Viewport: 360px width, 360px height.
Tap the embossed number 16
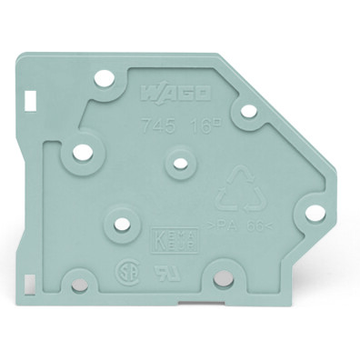pos(199,129)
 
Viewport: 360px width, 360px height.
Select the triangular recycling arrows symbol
pos(236,186)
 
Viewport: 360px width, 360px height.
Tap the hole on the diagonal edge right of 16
pos(245,114)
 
